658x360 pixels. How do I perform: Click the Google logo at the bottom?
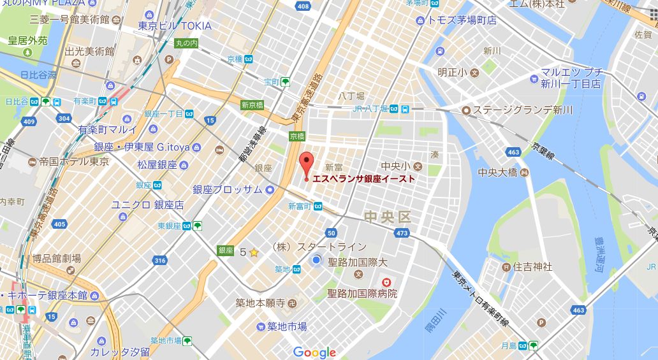click(314, 352)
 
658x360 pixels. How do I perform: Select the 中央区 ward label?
click(387, 217)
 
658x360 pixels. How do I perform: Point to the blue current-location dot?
click(317, 260)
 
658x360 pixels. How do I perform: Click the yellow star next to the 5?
click(254, 252)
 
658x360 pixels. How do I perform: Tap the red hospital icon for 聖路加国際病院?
click(386, 282)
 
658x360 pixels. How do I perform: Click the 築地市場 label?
click(286, 326)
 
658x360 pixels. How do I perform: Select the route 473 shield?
click(402, 234)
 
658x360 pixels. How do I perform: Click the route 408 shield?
click(303, 6)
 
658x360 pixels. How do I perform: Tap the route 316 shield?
click(160, 260)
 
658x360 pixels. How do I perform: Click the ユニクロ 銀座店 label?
click(147, 205)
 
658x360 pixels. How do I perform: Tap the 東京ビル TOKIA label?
click(175, 26)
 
